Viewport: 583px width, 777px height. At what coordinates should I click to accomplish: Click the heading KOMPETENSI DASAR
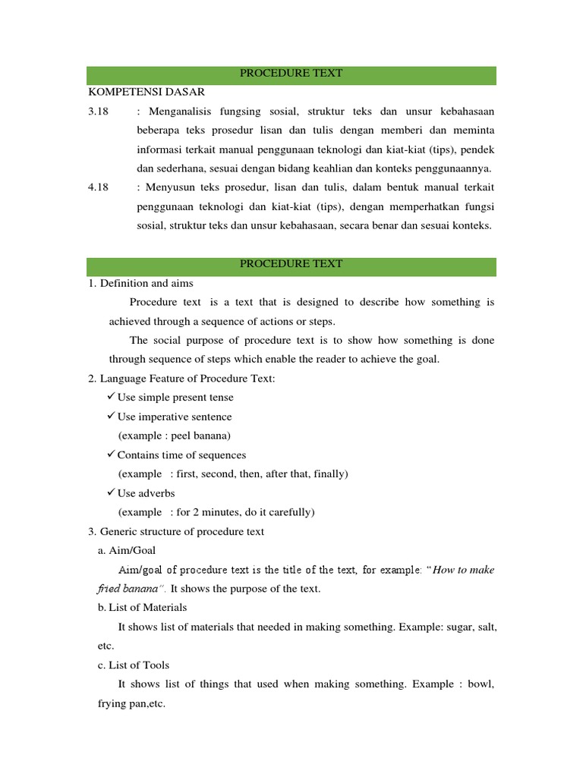pos(147,92)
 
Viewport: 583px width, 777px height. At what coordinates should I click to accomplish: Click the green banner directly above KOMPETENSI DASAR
pos(291,74)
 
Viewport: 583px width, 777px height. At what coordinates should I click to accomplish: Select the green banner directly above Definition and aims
pos(291,264)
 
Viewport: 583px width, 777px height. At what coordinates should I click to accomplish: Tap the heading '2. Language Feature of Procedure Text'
pos(181,379)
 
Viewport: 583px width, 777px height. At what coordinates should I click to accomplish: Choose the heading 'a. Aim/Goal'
pos(128,550)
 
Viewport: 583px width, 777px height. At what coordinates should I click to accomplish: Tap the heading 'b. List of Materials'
pos(143,608)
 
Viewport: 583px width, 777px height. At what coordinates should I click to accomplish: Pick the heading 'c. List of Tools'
pos(134,665)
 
